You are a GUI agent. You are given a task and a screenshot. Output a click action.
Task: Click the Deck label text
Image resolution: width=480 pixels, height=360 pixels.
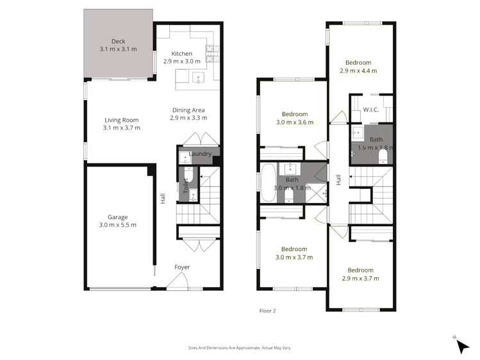click(119, 40)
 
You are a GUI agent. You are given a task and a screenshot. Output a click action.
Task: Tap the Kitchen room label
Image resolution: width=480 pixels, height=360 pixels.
click(181, 53)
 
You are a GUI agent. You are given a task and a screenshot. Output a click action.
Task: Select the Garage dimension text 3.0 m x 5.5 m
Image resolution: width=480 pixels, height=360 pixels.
click(117, 225)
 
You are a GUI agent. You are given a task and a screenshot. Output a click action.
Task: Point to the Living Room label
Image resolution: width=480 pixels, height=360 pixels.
click(121, 119)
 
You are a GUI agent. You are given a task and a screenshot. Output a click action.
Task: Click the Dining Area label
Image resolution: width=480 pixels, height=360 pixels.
click(188, 110)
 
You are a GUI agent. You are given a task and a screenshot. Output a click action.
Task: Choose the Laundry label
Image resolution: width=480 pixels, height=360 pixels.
click(201, 154)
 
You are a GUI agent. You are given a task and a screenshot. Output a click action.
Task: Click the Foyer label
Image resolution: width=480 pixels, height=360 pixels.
click(182, 267)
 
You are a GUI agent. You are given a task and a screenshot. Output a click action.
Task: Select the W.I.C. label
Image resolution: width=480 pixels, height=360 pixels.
click(371, 110)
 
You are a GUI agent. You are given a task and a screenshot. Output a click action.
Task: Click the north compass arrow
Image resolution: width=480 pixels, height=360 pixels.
click(462, 345)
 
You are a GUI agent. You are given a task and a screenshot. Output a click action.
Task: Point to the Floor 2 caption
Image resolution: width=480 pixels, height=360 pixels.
click(267, 311)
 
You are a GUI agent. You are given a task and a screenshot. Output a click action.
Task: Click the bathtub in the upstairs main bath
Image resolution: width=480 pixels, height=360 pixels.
click(268, 182)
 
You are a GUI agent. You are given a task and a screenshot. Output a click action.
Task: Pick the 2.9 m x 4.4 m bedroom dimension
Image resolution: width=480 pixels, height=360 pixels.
click(358, 70)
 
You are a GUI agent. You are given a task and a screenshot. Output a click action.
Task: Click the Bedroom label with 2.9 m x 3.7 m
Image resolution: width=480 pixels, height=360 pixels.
click(361, 270)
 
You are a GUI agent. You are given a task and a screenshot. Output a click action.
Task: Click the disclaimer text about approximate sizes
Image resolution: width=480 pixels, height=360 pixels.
click(240, 348)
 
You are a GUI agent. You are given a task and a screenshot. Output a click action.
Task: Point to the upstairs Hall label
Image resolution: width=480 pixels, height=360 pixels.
click(338, 181)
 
